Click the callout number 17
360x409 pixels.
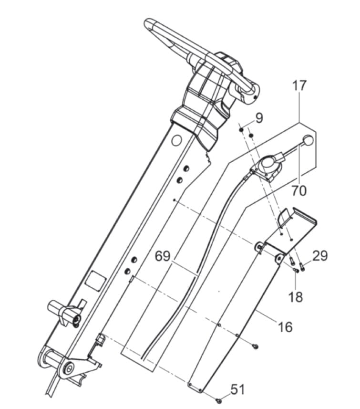[x=299, y=85]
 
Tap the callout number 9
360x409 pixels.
[x=259, y=118]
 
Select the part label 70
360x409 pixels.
[x=299, y=191]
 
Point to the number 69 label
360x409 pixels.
[x=163, y=256]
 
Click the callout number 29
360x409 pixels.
[x=320, y=256]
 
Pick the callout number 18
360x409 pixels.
[x=296, y=297]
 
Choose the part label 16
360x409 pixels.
[x=286, y=327]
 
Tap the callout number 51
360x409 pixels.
[x=238, y=390]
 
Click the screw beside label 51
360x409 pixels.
[x=218, y=399]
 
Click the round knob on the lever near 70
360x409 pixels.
[x=308, y=141]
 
